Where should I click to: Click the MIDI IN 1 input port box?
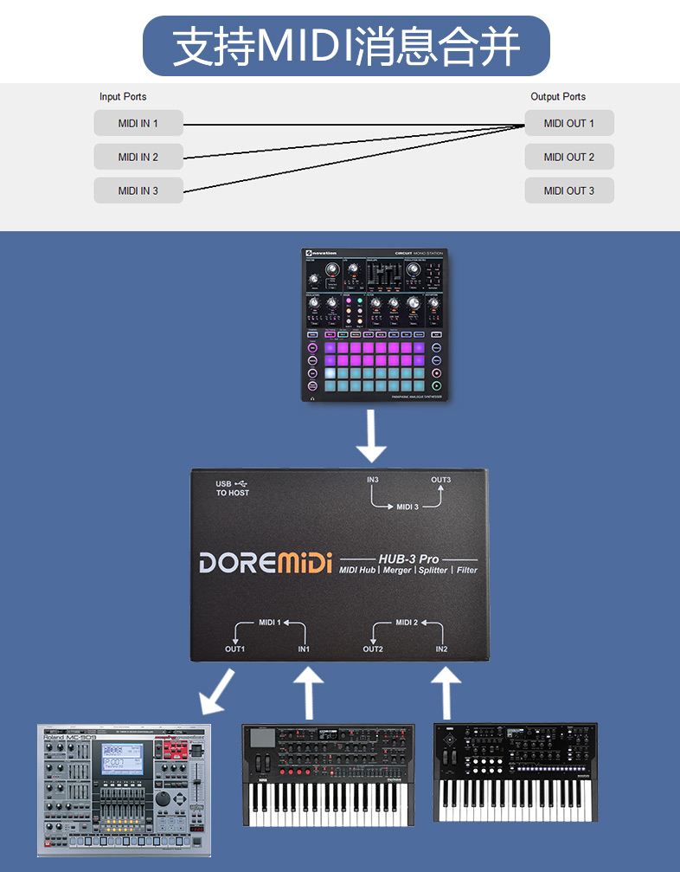(x=138, y=123)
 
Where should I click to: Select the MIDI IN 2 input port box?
(x=138, y=157)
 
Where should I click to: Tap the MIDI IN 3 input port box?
(x=138, y=191)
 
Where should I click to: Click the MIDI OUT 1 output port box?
(x=569, y=123)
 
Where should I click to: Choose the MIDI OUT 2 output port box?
(x=569, y=157)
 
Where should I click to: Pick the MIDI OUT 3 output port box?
(x=569, y=191)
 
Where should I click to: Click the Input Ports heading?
(x=123, y=97)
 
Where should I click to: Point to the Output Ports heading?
(x=558, y=97)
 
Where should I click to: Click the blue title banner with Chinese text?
(x=346, y=46)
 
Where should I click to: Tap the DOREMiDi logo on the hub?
(x=266, y=563)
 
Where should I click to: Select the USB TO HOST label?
(x=232, y=488)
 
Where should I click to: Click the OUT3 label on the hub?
(x=440, y=480)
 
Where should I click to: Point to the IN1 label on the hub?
(x=304, y=649)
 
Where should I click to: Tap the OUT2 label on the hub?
(x=373, y=649)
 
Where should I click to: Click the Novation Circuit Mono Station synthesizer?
(x=373, y=326)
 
